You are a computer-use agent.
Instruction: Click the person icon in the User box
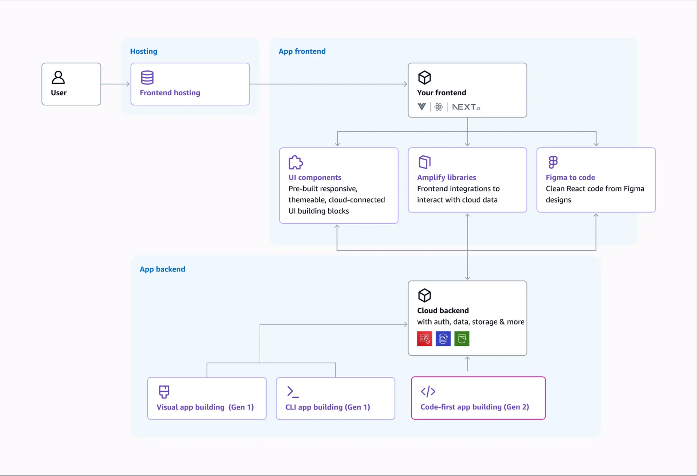58,77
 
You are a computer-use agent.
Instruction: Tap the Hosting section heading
144,51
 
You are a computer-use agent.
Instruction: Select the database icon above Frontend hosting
147,77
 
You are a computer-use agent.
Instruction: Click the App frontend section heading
302,51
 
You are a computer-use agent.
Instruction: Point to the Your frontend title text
441,93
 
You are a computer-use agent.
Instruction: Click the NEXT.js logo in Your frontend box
466,107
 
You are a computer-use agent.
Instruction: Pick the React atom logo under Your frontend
438,107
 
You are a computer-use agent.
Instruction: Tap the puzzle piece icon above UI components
296,162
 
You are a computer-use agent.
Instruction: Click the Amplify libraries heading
446,177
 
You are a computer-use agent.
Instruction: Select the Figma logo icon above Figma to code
553,162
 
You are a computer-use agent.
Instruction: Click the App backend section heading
162,269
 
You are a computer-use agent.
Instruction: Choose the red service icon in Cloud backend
424,339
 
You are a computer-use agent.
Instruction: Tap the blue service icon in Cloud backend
443,339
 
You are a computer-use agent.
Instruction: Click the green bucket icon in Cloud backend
462,339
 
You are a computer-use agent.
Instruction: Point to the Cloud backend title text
443,310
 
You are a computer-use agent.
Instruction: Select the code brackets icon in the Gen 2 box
428,391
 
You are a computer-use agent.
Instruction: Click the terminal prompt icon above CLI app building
292,392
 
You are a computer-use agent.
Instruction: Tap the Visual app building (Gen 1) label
205,407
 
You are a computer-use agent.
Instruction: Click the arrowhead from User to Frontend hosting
128,84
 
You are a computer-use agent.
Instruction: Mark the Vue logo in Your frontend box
422,107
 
